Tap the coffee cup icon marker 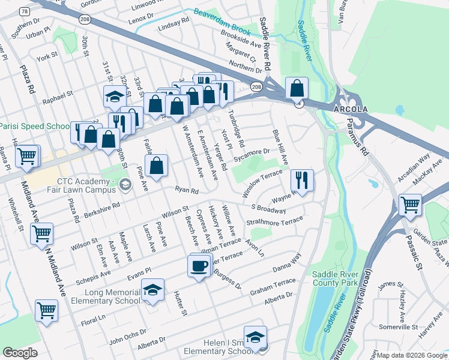(x=199, y=265)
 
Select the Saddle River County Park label (x=335, y=278)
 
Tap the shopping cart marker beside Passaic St (x=410, y=205)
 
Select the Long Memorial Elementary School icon (x=153, y=290)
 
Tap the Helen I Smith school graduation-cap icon (x=255, y=337)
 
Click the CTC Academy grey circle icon (x=124, y=183)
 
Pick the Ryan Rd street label (x=187, y=191)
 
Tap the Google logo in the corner (x=20, y=352)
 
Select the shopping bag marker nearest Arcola (x=297, y=89)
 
